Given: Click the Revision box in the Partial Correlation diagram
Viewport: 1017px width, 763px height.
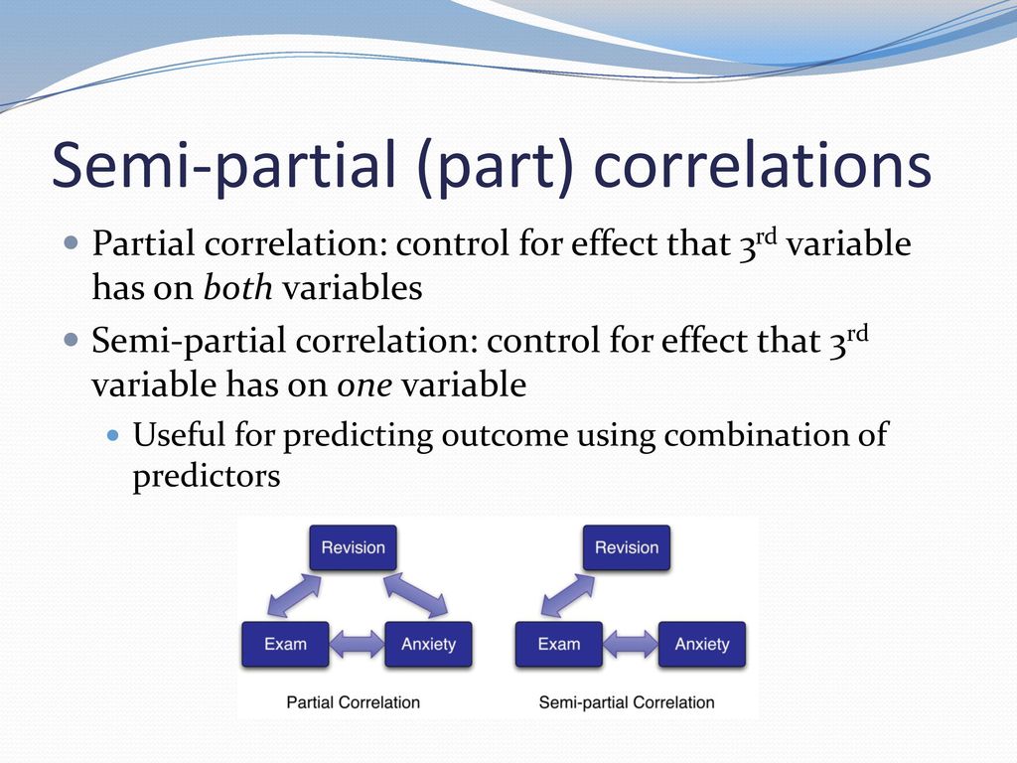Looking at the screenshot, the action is tap(353, 547).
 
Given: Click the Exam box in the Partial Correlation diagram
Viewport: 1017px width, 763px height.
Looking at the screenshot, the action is tap(285, 644).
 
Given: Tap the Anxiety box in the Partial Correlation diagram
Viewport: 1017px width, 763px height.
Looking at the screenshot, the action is tap(428, 644).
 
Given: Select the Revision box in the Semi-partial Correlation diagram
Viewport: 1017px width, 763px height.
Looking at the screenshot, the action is tap(627, 547).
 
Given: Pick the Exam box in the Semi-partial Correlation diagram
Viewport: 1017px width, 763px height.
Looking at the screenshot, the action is tap(559, 644).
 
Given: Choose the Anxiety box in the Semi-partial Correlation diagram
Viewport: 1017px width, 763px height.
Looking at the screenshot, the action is tap(702, 644).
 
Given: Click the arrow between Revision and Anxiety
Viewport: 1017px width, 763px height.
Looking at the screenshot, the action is tap(416, 594).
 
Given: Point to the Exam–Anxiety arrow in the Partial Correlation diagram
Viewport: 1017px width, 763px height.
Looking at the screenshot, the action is tap(357, 644).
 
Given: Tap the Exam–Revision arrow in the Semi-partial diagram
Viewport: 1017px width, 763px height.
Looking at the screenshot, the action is tap(567, 595).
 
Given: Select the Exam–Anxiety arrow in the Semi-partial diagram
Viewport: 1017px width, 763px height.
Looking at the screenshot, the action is tap(631, 644).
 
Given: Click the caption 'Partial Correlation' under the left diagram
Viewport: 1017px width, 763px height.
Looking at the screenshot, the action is tap(354, 702).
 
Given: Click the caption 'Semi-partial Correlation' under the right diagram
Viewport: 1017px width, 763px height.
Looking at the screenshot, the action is tap(627, 702).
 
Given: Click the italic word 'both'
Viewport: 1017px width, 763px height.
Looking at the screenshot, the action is tap(238, 287).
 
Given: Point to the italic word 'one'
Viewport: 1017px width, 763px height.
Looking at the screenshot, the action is tap(364, 385).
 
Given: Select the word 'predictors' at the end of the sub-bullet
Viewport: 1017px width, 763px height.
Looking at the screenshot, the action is tap(207, 477).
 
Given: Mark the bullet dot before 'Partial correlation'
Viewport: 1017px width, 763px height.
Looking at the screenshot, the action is tap(72, 244).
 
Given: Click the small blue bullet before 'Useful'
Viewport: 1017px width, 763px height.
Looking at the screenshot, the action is tap(113, 435).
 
